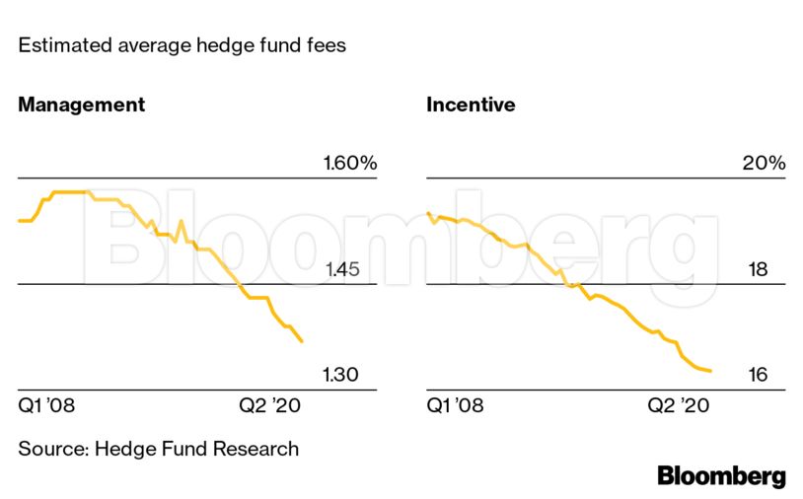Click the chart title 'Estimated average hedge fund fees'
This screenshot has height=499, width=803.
coord(182,45)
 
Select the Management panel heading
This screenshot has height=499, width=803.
coord(81,105)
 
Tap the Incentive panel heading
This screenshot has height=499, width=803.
coord(471,105)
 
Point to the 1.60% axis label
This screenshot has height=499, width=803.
coord(350,164)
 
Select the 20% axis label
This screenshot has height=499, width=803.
coord(764,164)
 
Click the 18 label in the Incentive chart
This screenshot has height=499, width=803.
coord(758,270)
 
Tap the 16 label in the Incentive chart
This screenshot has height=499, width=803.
coord(758,375)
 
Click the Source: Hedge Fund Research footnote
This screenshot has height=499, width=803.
coord(158,449)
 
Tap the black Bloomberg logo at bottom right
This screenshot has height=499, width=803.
coord(721,476)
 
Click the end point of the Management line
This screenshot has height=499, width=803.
coord(302,342)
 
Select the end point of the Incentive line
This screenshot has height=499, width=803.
coord(711,372)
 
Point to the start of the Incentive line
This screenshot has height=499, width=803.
coord(427,213)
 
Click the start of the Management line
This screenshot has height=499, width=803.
coord(19,221)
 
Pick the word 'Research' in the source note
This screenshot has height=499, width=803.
coord(255,449)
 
